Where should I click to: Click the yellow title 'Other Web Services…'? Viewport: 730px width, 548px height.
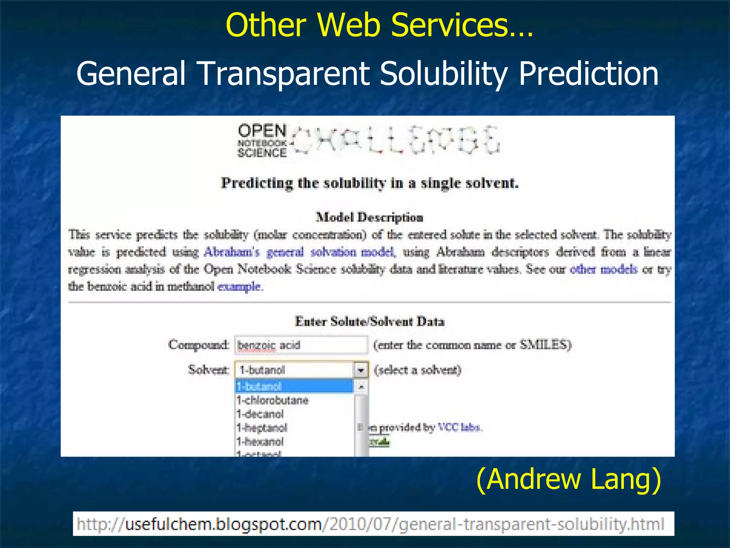coord(379,25)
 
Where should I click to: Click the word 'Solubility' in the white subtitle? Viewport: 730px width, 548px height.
coord(443,73)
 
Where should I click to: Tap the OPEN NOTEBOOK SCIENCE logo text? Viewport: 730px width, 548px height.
coord(262,141)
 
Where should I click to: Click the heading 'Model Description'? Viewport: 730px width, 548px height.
coord(369,217)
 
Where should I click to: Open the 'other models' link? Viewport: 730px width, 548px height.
coord(603,269)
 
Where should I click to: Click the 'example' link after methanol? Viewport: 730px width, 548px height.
coord(239,286)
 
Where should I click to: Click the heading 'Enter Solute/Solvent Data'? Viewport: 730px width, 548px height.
coord(370,321)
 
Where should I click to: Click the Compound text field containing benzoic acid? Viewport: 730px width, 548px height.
coord(300,345)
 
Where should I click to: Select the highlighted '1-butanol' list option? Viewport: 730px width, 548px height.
coord(294,386)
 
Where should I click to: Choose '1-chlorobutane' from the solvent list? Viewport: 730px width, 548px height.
coord(273,400)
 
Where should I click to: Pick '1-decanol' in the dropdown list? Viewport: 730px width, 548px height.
coord(260,414)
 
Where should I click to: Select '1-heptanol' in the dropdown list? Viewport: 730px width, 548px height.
coord(262,428)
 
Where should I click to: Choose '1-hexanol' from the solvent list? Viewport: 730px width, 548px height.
coord(260,442)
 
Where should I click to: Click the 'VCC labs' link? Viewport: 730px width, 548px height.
coord(459,427)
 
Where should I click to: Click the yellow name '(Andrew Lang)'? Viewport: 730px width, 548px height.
coord(568,480)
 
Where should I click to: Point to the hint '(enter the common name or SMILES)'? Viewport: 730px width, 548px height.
coord(472,345)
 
